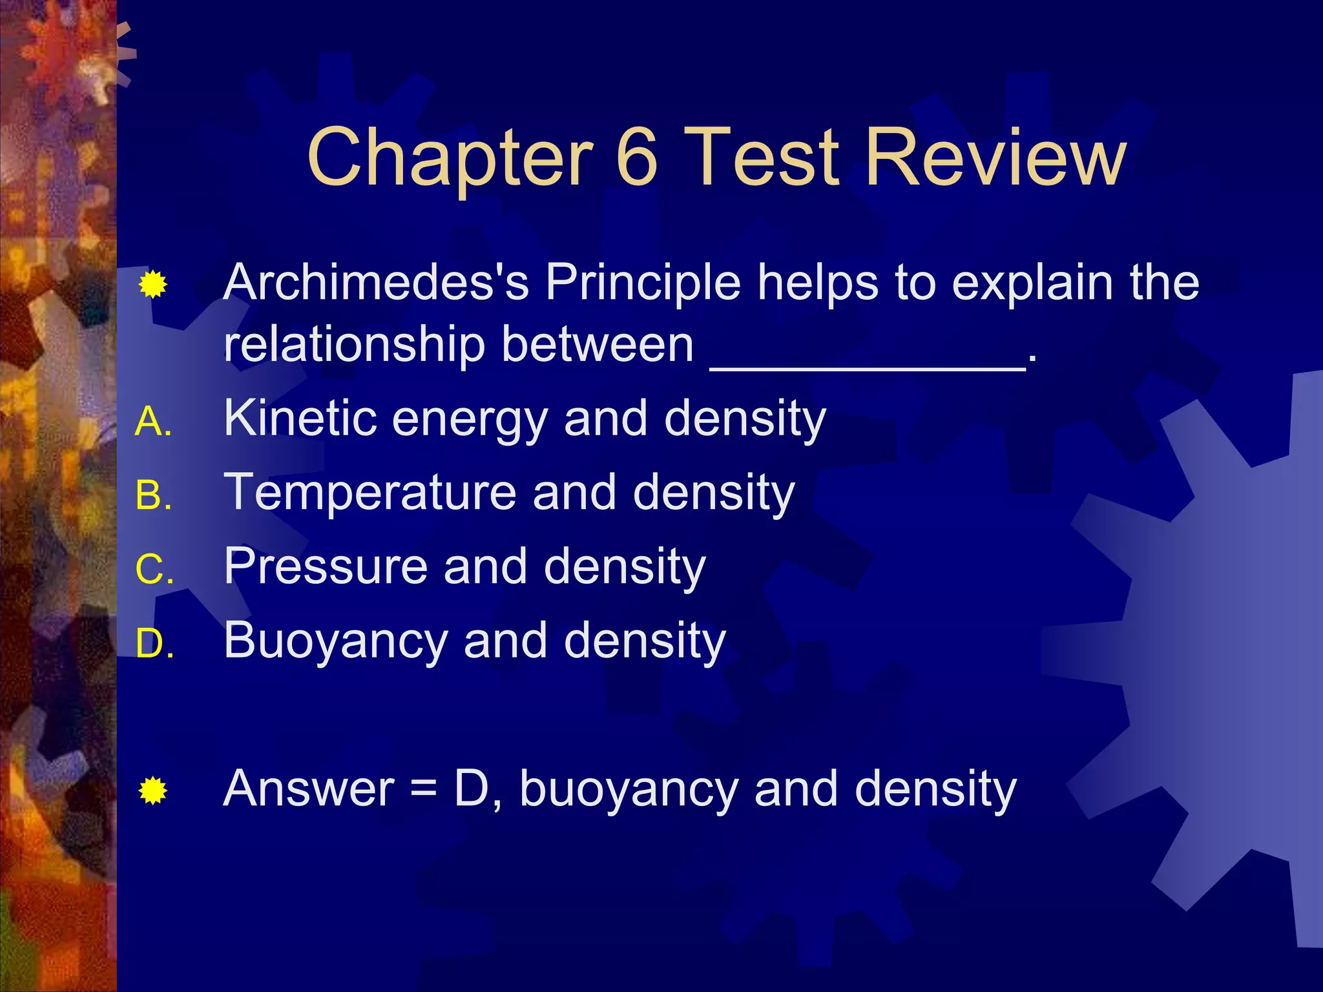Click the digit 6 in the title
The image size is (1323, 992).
(x=637, y=157)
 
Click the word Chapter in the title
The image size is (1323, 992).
(x=450, y=158)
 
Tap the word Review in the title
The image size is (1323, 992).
(x=995, y=157)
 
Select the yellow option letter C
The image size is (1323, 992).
(x=152, y=570)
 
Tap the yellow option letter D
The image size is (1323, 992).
(x=152, y=644)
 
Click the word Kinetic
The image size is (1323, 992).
(x=300, y=418)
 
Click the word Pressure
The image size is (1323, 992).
(x=326, y=566)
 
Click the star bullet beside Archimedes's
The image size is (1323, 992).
(x=153, y=285)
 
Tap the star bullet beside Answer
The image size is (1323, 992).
(x=153, y=790)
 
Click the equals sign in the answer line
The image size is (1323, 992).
(x=424, y=789)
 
